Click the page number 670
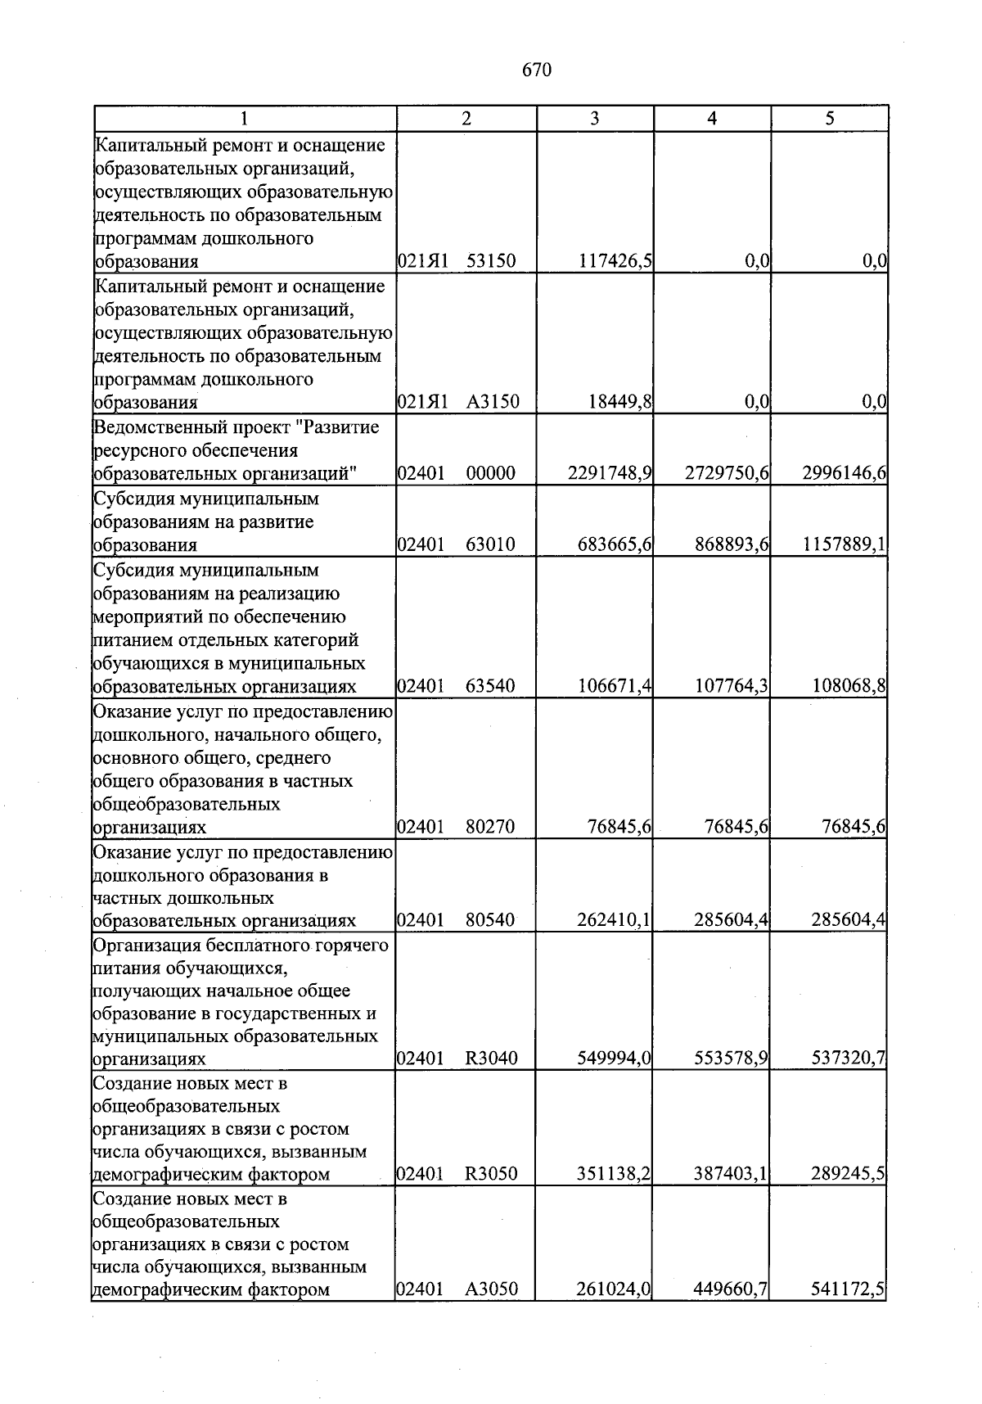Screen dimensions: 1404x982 click(537, 70)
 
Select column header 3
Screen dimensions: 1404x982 click(595, 119)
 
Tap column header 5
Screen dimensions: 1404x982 click(830, 119)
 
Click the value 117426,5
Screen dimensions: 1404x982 click(615, 262)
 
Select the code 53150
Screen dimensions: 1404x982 click(491, 262)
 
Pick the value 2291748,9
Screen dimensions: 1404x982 click(610, 473)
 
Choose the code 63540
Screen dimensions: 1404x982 click(491, 686)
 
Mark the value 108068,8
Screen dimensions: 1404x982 click(849, 686)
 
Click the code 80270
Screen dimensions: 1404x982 click(491, 827)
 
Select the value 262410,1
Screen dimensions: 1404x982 click(615, 920)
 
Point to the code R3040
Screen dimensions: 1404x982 click(491, 1059)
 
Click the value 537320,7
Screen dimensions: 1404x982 click(849, 1059)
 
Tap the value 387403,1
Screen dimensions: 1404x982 click(732, 1174)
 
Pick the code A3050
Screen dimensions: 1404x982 click(491, 1289)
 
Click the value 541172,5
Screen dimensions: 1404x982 click(849, 1289)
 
